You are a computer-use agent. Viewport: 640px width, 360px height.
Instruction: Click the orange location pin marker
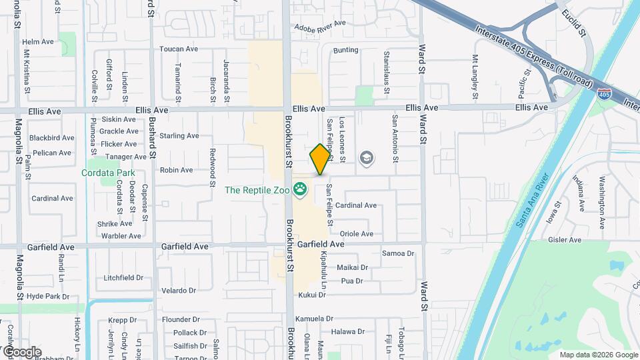[x=320, y=159]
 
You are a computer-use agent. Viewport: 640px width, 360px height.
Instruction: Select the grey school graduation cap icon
[x=366, y=158]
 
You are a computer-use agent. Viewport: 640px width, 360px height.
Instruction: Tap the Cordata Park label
[x=109, y=173]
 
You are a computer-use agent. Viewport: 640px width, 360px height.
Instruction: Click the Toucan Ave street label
[x=179, y=49]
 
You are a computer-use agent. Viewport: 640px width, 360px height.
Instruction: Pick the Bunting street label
[x=345, y=50]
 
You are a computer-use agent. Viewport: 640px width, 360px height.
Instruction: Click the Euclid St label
[x=573, y=23]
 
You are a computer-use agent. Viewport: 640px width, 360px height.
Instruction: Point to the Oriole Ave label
[x=357, y=234]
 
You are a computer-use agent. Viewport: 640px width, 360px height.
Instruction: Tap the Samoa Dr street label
[x=398, y=253]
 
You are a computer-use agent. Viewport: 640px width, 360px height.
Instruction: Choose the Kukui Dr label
[x=312, y=295]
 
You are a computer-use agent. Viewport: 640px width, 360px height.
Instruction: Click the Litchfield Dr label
[x=124, y=277]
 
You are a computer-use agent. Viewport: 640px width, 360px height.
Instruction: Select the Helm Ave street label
[x=38, y=41]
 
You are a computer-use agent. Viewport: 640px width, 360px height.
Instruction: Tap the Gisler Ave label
[x=565, y=240]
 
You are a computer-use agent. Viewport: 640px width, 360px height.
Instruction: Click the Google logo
[x=22, y=351]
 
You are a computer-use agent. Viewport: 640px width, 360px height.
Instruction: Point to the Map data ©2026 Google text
[x=597, y=355]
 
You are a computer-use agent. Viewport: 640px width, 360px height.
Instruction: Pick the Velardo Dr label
[x=179, y=291]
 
